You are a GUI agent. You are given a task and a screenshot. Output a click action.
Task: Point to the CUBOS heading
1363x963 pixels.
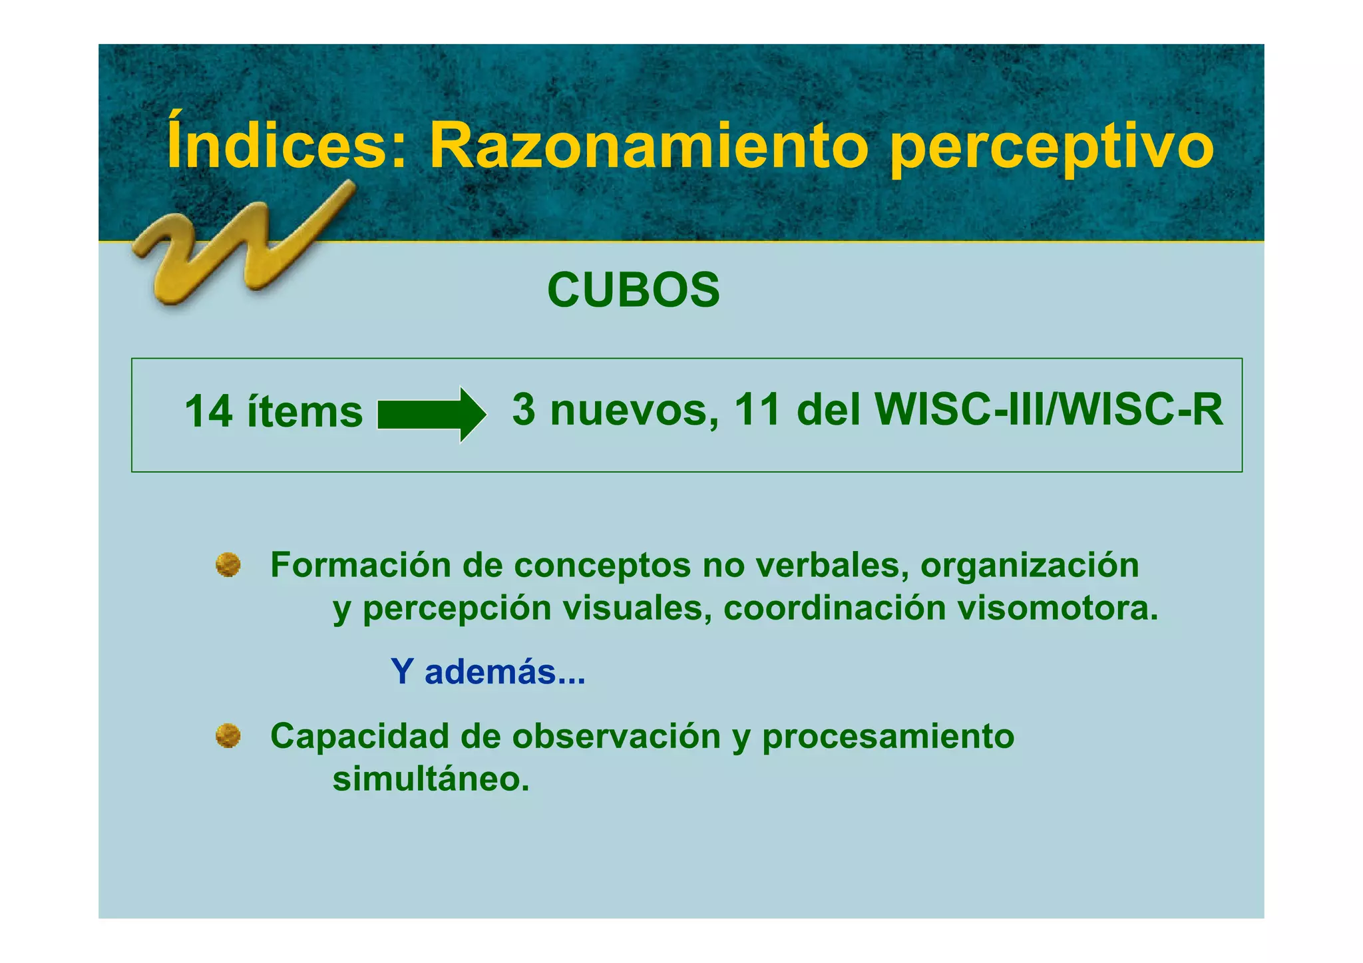[634, 291]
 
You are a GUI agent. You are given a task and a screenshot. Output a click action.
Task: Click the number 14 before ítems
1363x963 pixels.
[208, 411]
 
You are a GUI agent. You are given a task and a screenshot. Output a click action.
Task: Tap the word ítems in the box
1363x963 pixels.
[305, 411]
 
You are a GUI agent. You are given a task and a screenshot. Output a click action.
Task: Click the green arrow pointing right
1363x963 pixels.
[431, 414]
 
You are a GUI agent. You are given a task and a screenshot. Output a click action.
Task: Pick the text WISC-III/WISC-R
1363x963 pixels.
[1049, 409]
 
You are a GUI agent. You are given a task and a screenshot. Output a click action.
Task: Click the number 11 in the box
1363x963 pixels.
[757, 409]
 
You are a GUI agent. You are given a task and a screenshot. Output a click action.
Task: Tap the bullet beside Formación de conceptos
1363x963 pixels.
[228, 565]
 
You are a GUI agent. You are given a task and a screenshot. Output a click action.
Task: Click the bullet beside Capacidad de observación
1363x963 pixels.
[228, 736]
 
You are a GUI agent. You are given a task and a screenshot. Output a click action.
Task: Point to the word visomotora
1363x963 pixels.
[1058, 608]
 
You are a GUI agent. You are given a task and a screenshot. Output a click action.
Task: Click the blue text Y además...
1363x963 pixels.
[488, 671]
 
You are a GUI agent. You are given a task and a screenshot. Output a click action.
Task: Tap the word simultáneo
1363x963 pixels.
[431, 778]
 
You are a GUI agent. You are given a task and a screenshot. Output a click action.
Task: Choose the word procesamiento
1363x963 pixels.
[888, 737]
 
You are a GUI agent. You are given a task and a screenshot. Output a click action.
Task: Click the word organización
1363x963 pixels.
[1030, 566]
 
